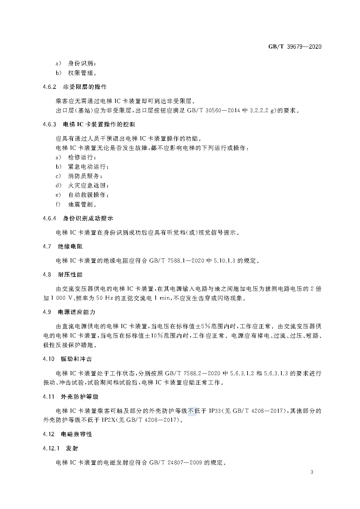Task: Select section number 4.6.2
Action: (50, 87)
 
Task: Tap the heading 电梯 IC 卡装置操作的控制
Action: (99, 125)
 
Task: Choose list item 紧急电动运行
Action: (88, 167)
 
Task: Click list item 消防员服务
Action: (85, 176)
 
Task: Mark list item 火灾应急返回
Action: (88, 185)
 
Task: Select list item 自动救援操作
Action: (88, 195)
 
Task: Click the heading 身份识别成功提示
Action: (88, 219)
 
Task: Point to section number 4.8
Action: (47, 275)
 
